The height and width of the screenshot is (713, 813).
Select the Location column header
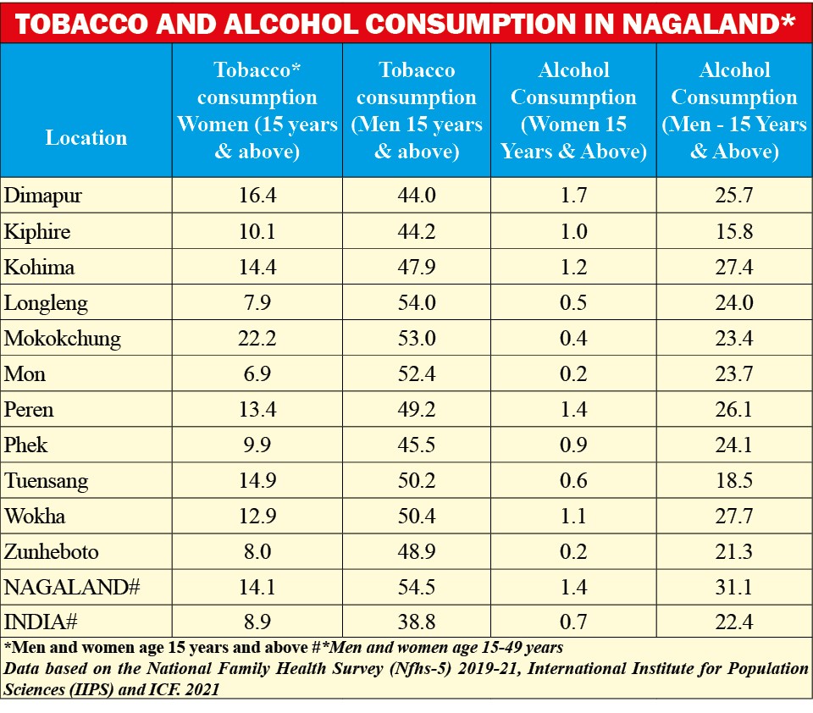(x=86, y=137)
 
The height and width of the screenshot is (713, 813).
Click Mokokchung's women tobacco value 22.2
(x=257, y=339)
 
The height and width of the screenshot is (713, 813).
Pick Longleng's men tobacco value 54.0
(x=416, y=303)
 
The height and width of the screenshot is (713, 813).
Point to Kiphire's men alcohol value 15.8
(x=734, y=232)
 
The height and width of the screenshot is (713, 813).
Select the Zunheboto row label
(x=52, y=552)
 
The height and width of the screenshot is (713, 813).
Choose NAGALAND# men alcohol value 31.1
(x=734, y=588)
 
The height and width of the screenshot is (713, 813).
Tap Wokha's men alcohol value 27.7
(x=734, y=517)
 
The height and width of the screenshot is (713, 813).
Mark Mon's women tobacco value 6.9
(x=257, y=374)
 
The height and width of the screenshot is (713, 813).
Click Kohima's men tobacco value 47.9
(x=416, y=268)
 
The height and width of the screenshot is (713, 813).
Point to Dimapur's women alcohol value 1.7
(x=573, y=196)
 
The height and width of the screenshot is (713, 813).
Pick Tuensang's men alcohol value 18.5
(x=734, y=481)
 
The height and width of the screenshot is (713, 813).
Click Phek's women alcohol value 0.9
(x=573, y=445)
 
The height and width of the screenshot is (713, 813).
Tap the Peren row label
(x=29, y=410)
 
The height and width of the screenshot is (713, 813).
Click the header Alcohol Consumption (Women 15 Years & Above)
(x=573, y=111)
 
